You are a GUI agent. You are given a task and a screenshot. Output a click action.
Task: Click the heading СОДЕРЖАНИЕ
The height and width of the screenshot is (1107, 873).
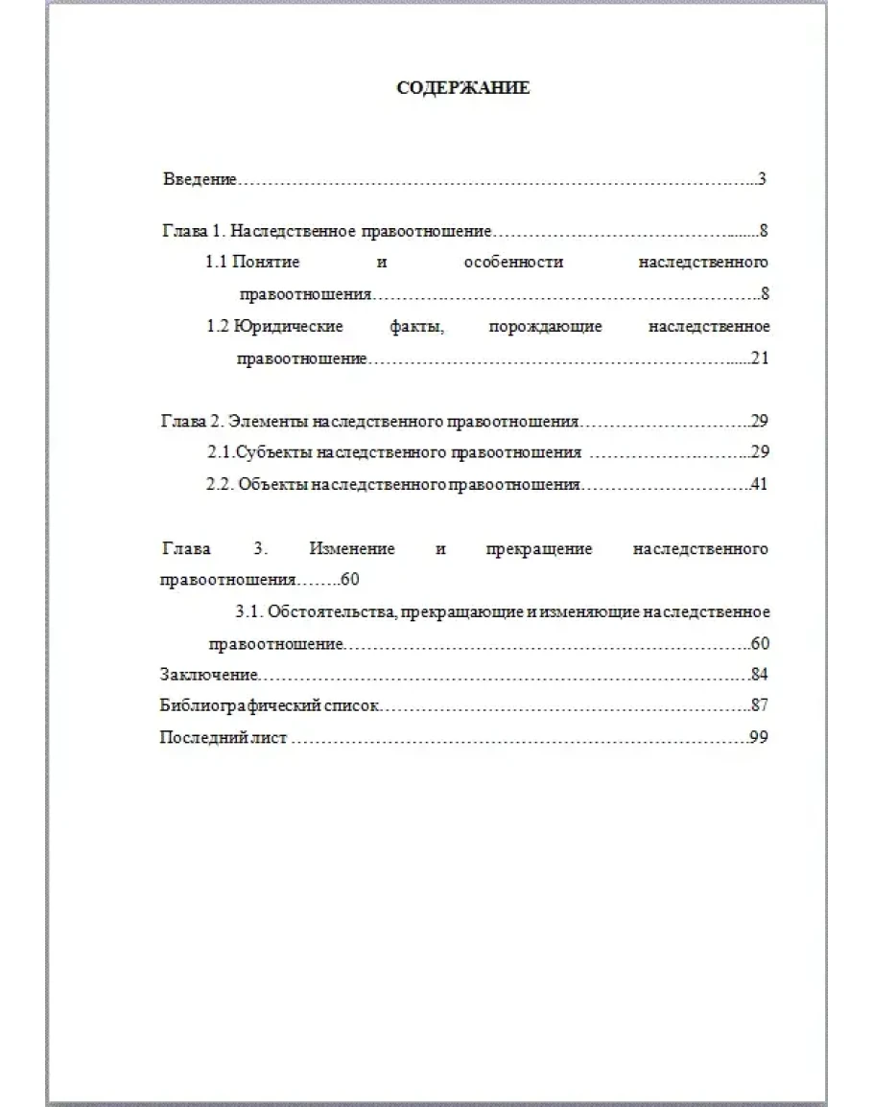463,88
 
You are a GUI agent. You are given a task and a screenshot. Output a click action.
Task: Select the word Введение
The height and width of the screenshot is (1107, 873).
199,179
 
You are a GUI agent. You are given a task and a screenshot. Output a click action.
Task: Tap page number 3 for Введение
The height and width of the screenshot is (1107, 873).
761,179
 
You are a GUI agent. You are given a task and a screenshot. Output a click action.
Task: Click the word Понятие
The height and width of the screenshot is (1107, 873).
266,262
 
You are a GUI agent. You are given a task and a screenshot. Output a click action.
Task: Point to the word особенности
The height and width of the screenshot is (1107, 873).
512,262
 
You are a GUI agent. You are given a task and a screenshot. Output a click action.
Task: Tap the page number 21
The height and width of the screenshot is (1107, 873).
761,358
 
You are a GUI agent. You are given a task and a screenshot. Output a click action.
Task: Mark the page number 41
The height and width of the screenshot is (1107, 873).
760,485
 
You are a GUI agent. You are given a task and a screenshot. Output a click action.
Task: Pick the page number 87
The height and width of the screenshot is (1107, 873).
760,706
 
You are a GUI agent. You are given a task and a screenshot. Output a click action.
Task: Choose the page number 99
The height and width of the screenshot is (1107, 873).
760,739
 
